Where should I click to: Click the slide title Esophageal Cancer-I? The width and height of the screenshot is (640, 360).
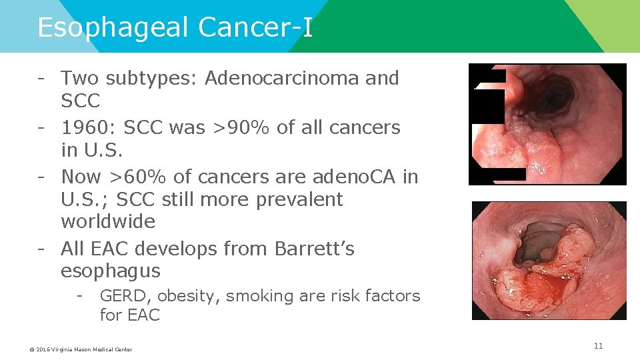[x=175, y=28]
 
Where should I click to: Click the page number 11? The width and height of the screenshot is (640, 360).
[x=598, y=346]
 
